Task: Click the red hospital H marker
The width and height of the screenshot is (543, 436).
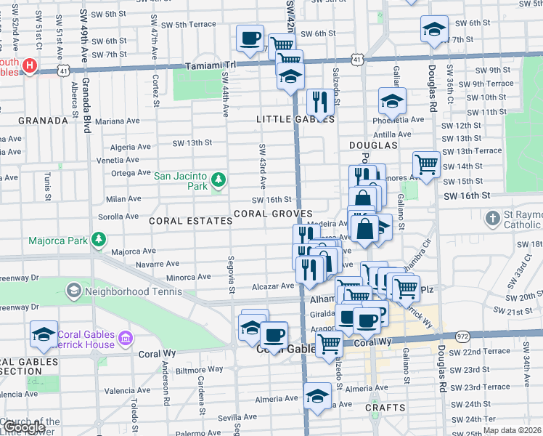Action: point(29,66)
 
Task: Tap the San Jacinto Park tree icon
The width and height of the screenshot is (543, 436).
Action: point(217,178)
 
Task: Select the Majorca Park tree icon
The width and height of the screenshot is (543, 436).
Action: point(96,240)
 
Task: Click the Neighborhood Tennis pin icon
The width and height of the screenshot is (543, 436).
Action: point(73,291)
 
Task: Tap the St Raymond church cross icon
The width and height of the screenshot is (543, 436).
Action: point(493,217)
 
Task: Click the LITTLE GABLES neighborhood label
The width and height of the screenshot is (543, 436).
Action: point(295,119)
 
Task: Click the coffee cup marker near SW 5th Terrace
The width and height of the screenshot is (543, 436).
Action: point(250,37)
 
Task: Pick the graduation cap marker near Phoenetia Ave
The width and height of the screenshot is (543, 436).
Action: point(391,100)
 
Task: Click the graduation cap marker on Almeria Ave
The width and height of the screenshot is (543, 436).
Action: point(317,396)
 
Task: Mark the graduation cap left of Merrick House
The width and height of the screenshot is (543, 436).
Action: point(44,335)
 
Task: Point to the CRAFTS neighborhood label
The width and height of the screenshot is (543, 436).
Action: point(385,408)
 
